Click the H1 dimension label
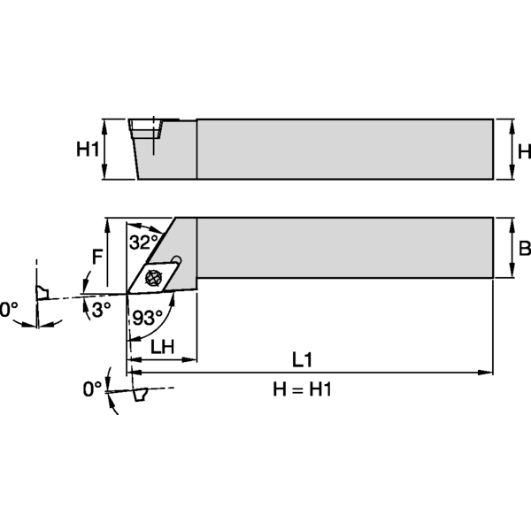tap(88, 150)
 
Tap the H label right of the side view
tap(523, 150)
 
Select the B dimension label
tap(523, 249)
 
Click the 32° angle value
tap(143, 240)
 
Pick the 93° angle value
tap(147, 318)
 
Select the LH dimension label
tap(162, 348)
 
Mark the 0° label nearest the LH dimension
tap(92, 389)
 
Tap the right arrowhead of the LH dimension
tap(191, 359)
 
